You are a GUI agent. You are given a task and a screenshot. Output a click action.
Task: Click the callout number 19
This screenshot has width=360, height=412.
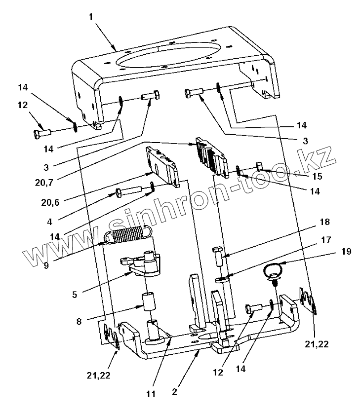pyautogui.click(x=346, y=252)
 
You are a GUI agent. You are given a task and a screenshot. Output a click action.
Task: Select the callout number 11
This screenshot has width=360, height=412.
pyautogui.click(x=150, y=394)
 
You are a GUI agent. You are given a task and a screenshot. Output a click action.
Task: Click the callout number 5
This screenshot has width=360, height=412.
pyautogui.click(x=75, y=294)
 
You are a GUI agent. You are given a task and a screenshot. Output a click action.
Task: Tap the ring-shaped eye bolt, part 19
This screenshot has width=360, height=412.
pyautogui.click(x=272, y=271)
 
